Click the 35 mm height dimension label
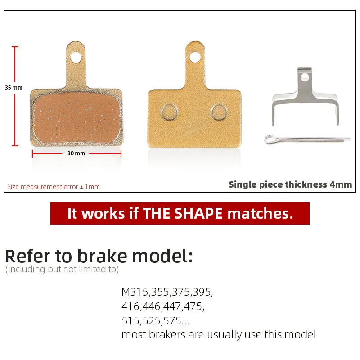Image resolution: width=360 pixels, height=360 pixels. [x=14, y=88]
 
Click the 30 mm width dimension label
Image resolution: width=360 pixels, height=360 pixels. [x=76, y=153]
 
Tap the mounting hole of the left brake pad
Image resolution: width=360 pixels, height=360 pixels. [x=76, y=57]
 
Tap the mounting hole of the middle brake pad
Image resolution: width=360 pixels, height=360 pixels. [x=195, y=57]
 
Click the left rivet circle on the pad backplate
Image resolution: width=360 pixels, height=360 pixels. [x=170, y=112]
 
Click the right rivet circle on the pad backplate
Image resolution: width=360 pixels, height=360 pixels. [x=219, y=112]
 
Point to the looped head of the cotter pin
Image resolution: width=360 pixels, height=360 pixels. [x=269, y=139]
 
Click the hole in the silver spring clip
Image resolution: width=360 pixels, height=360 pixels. [x=305, y=77]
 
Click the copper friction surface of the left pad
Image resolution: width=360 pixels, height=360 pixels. [x=77, y=117]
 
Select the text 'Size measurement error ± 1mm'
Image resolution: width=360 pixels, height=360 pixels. [x=54, y=187]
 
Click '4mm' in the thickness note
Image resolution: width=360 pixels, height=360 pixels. [x=341, y=184]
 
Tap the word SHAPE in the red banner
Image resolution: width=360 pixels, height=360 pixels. [x=198, y=213]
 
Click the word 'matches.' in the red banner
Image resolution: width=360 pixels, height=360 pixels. [x=261, y=213]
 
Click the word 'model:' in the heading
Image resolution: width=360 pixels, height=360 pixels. [x=163, y=256]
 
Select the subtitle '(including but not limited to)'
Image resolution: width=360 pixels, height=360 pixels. [x=62, y=269]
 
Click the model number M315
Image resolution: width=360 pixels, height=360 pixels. [x=135, y=292]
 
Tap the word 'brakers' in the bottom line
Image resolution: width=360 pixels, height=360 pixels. [x=167, y=334]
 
